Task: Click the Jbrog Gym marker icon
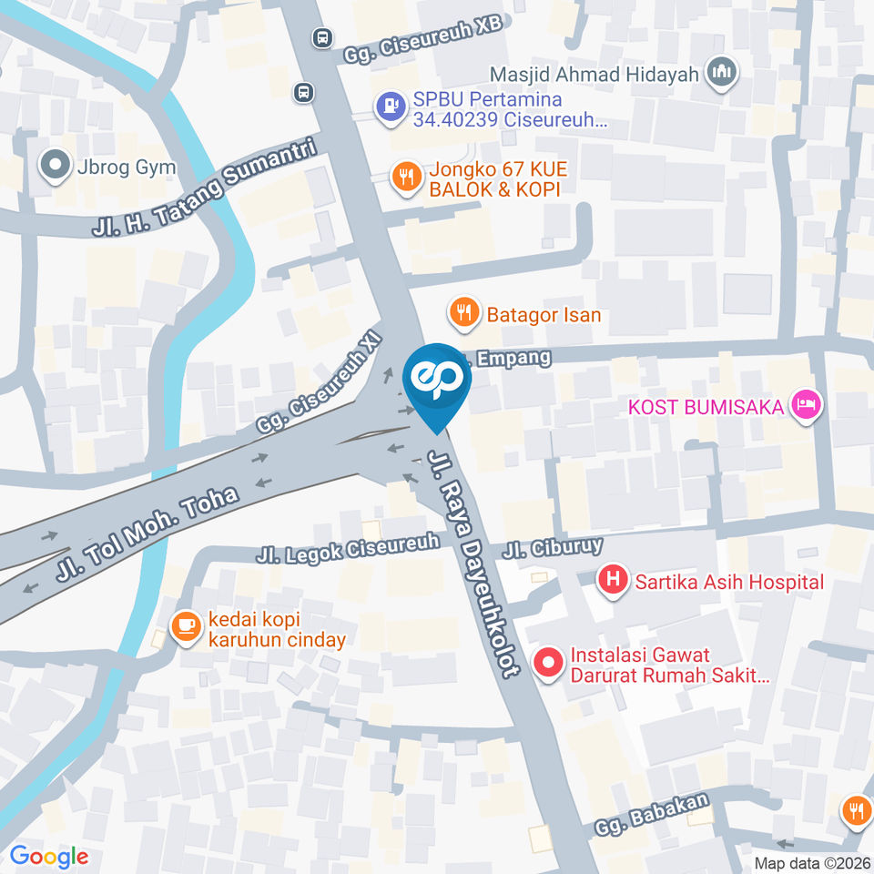point(55,166)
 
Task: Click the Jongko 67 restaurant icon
point(405,177)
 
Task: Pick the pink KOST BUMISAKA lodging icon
point(805,406)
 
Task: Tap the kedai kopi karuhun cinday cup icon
point(186,627)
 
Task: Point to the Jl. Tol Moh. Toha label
point(147,533)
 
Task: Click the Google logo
point(49,856)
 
